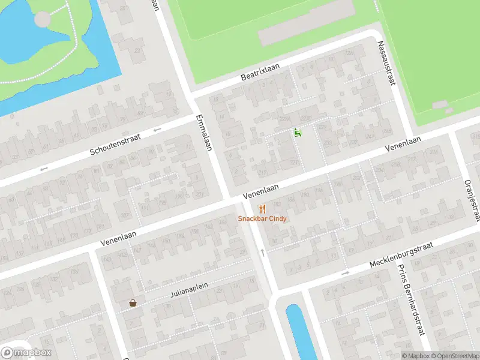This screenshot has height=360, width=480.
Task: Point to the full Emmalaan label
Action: [x=204, y=133]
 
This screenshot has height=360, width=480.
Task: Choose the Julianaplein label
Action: [x=188, y=290]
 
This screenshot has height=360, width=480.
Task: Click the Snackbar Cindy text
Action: [x=262, y=219]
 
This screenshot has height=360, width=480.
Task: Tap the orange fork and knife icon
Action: [x=262, y=209]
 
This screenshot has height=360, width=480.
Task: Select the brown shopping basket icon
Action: [x=132, y=303]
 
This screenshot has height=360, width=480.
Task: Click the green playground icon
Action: [x=296, y=133]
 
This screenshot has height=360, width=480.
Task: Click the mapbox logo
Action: [x=26, y=352]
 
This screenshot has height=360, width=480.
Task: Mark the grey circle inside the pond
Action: [x=43, y=19]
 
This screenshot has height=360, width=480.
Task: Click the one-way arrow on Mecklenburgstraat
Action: [x=345, y=274]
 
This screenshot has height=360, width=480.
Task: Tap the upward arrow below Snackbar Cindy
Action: [x=262, y=252]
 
